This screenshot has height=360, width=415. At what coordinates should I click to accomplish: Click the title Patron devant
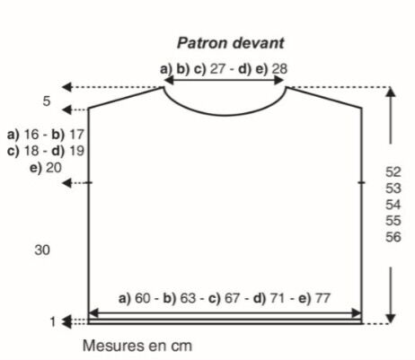pos(230,43)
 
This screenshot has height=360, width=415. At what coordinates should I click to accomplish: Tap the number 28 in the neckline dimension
pos(279,69)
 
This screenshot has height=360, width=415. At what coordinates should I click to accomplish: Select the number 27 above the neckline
pos(217,69)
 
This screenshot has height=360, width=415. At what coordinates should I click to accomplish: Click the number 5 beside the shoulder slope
pos(47,101)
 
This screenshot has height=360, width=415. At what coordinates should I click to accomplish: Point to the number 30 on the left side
pos(42,250)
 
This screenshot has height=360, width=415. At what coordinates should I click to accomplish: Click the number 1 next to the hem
pos(53,322)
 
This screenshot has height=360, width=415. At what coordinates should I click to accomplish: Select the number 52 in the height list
pos(393,172)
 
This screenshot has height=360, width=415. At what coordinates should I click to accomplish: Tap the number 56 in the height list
pos(393,237)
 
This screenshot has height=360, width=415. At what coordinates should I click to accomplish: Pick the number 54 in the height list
pos(393,205)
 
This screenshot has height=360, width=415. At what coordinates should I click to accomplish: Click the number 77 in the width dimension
pos(322,298)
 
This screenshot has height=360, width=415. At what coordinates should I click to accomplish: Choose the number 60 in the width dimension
pos(143,298)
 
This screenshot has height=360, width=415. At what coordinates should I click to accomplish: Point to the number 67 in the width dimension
pos(233,298)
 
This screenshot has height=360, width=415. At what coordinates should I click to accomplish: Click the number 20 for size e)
pos(54,168)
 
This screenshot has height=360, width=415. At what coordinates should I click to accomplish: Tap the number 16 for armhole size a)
pos(31,135)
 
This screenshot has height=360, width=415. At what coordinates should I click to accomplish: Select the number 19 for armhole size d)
pos(76,151)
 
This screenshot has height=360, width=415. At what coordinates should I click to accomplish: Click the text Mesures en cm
pos(137,346)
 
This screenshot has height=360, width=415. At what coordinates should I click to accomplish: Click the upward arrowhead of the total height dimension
pos(390,92)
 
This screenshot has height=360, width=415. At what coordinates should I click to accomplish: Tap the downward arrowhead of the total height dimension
pos(390,319)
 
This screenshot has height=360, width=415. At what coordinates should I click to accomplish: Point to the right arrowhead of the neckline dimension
pos(278,80)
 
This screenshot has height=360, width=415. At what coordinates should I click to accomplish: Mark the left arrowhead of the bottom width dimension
pos(94,313)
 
